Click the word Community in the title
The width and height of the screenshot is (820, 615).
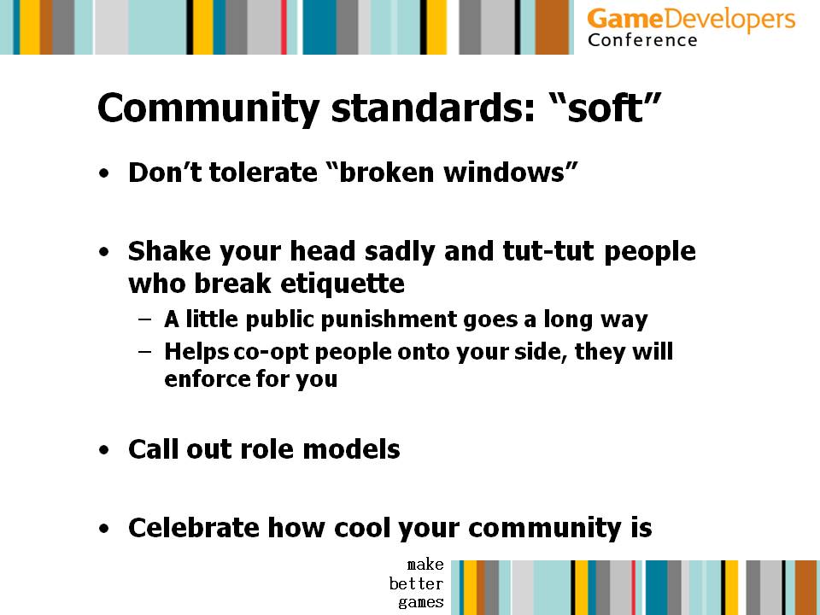tap(208, 108)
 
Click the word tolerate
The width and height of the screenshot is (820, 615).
tap(262, 173)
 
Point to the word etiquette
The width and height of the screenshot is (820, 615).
tap(343, 284)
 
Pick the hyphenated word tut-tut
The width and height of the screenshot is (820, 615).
tap(548, 251)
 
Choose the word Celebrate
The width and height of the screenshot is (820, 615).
tap(194, 528)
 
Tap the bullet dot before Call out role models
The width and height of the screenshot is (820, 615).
tap(104, 450)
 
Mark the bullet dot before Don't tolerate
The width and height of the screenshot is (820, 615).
tap(104, 173)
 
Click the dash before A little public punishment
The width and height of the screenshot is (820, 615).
tap(145, 319)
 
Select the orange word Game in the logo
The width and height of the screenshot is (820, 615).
tap(625, 20)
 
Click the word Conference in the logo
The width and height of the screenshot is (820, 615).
tap(642, 40)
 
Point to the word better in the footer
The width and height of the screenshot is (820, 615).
tap(416, 583)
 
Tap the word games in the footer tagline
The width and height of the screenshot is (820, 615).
tap(421, 602)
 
